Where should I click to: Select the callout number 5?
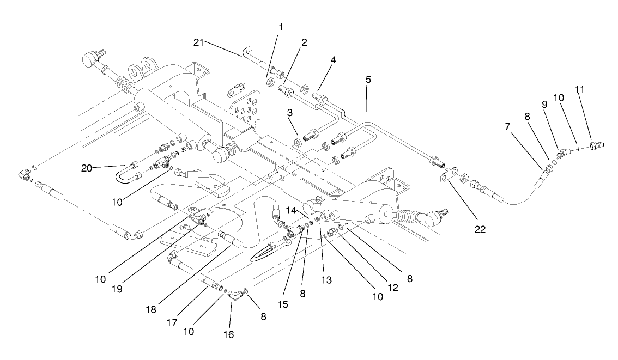tap(368, 79)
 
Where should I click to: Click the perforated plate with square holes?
tap(244, 112)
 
